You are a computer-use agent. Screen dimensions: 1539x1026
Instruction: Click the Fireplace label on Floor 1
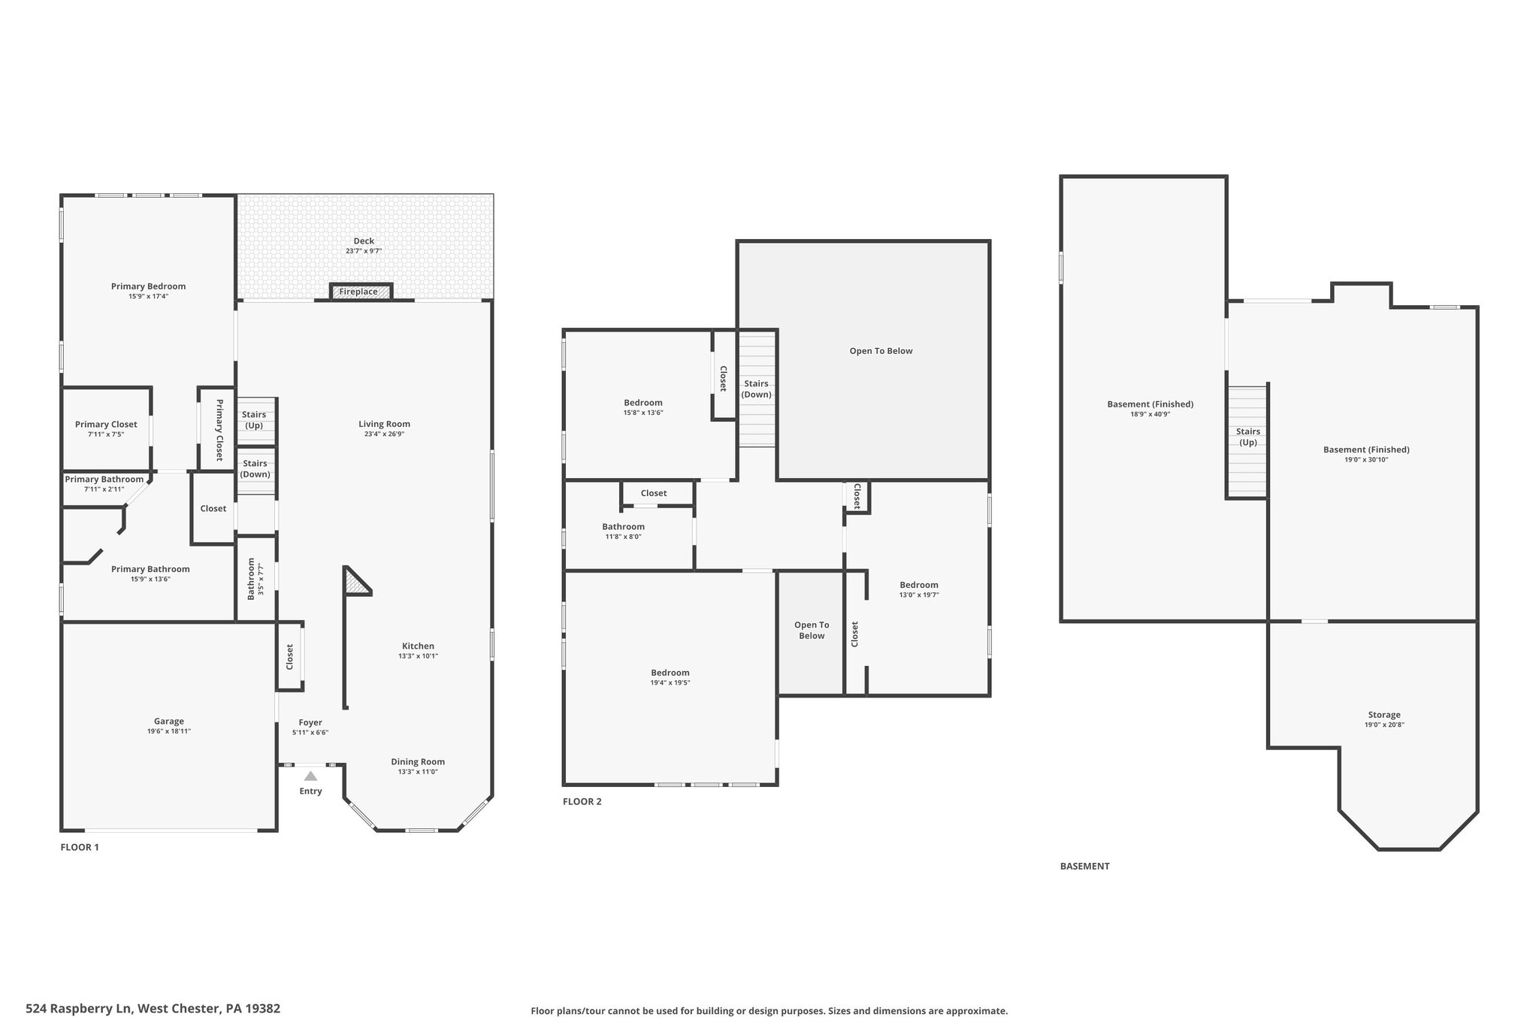pos(358,292)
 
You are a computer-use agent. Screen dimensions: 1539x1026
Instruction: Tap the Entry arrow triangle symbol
pos(310,776)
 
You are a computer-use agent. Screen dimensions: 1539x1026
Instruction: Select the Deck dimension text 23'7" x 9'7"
pos(364,251)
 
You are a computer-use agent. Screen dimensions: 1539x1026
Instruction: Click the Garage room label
pos(169,722)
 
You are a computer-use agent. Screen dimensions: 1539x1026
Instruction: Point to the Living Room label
pos(384,424)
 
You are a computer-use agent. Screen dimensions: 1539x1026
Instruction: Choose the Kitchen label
pos(418,646)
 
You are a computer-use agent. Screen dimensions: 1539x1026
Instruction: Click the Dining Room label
pos(418,761)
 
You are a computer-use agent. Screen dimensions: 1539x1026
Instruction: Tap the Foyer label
pos(310,722)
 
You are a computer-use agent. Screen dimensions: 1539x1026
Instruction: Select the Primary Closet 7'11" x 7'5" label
pos(106,428)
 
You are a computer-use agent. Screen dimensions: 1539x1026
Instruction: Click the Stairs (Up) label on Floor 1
pos(254,420)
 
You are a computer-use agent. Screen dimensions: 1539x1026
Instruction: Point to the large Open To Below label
pos(881,351)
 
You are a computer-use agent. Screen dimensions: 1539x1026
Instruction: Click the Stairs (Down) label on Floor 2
pos(756,389)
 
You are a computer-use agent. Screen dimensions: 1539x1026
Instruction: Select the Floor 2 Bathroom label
pos(623,526)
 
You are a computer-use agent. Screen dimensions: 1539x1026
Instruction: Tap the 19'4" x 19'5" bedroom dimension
pos(670,683)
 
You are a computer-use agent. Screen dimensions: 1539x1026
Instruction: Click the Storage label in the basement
pos(1384,715)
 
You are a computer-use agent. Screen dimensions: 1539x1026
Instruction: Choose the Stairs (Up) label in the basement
pos(1248,437)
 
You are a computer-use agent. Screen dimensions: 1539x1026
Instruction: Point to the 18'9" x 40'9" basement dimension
pos(1150,414)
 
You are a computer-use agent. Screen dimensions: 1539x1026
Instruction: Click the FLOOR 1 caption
pos(80,847)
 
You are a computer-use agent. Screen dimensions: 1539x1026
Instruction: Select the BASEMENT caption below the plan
pos(1084,866)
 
